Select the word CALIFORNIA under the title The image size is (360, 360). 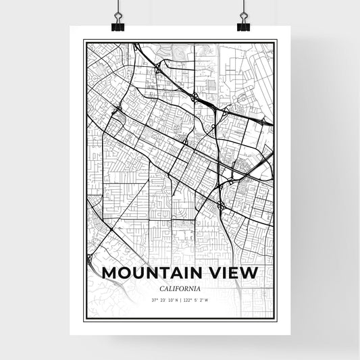click(x=180, y=289)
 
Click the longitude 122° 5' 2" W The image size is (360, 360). click(x=195, y=301)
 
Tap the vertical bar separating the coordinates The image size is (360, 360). click(x=180, y=301)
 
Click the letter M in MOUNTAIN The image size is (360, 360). click(x=109, y=273)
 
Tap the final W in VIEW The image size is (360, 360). click(x=250, y=273)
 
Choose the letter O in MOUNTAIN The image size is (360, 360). click(x=125, y=273)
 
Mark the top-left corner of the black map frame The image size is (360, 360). click(x=84, y=41)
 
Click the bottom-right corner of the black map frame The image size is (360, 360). click(x=276, y=320)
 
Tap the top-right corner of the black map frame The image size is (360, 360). click(x=276, y=41)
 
